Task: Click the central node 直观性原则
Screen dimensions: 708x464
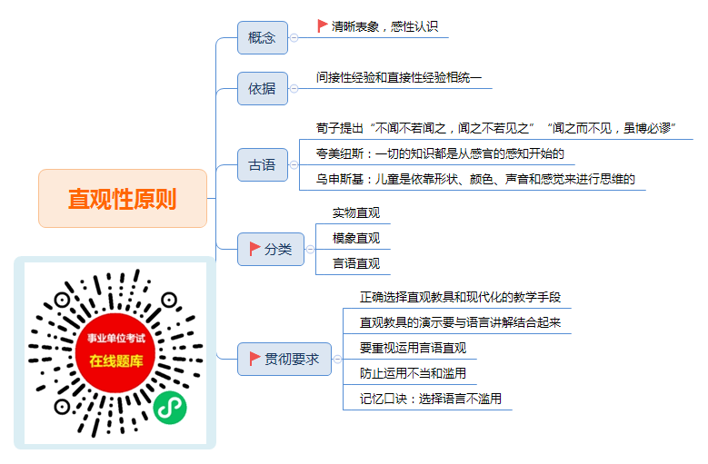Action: (123, 199)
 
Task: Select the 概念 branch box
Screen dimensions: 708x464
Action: (263, 38)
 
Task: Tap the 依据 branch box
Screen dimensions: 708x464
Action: (263, 88)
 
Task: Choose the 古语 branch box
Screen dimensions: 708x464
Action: (263, 164)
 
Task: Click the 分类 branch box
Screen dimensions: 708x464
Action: (271, 249)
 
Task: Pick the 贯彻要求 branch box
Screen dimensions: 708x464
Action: (284, 359)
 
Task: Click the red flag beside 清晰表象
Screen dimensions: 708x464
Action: (323, 25)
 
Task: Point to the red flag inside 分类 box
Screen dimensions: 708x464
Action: (254, 249)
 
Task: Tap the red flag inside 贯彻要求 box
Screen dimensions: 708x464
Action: (254, 359)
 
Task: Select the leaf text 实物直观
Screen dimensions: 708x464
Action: (356, 212)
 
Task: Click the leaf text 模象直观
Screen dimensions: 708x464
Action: (356, 238)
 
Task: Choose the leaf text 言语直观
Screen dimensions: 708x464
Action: (356, 263)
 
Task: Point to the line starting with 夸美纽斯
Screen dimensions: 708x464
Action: (440, 153)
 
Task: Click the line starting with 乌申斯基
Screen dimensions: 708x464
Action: (475, 179)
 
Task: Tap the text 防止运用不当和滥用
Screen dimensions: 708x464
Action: (413, 373)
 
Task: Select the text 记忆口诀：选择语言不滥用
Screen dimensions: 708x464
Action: (430, 399)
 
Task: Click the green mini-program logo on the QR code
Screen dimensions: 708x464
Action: (170, 408)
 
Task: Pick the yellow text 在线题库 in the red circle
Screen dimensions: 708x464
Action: (116, 360)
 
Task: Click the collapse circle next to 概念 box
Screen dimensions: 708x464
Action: (294, 38)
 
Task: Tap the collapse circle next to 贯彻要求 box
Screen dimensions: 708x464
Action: (337, 359)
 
